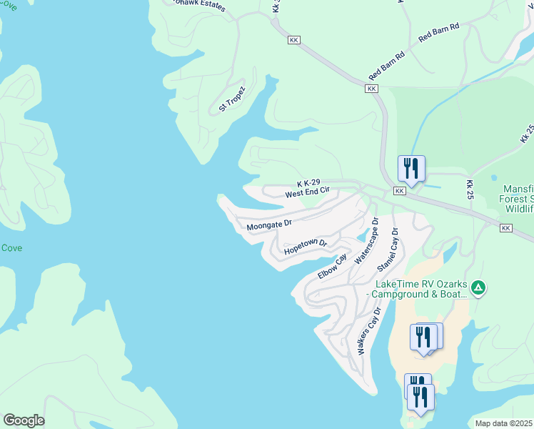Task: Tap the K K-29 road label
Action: point(309,184)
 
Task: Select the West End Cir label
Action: point(307,193)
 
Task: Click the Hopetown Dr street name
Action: point(305,247)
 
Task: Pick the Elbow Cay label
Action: point(332,267)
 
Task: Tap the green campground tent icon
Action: point(478,288)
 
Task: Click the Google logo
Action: point(24,420)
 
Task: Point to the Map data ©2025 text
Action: point(504,423)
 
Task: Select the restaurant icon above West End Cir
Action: point(411,169)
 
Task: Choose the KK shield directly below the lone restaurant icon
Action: point(399,192)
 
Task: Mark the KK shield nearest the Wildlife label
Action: point(506,227)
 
